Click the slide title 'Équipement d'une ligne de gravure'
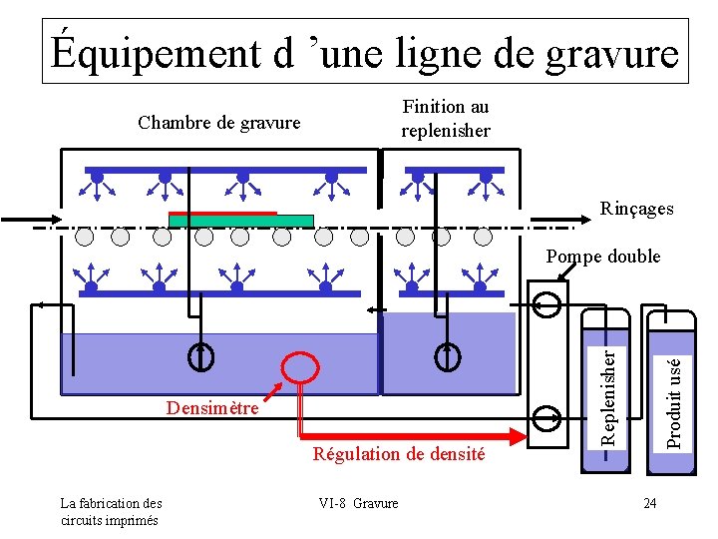[x=365, y=52]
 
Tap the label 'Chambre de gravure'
[x=218, y=123]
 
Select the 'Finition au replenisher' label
[x=445, y=119]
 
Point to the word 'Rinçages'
[x=636, y=209]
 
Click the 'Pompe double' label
[x=602, y=257]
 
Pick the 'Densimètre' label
[x=212, y=407]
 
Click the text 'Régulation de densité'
[x=399, y=454]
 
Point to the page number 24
[x=650, y=503]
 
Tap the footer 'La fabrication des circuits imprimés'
[x=111, y=511]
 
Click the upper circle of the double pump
[x=545, y=303]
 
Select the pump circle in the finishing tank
[x=447, y=354]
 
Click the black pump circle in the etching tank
[x=200, y=354]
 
